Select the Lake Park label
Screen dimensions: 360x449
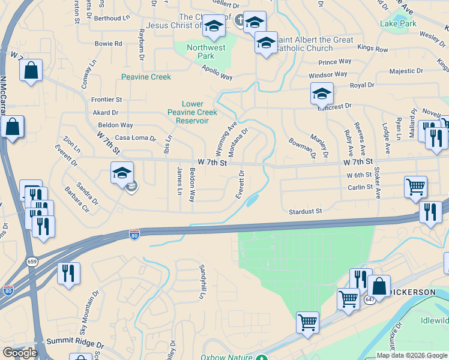397,24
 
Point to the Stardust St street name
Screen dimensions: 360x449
306,211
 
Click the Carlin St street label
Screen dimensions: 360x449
360,187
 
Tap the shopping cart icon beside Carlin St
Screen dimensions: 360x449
415,187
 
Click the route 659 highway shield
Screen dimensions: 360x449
32,261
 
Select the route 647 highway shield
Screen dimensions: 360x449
369,299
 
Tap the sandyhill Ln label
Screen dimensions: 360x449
203,282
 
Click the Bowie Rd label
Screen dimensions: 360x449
108,44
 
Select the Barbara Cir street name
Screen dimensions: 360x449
77,202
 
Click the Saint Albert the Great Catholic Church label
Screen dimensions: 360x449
315,44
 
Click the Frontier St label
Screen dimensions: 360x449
106,100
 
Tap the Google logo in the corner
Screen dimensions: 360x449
20,353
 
